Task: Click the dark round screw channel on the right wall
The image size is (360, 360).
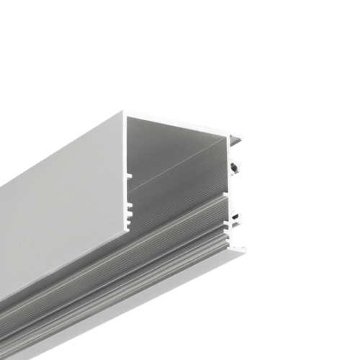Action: (235, 168)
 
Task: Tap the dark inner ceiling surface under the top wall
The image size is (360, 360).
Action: (173, 144)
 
